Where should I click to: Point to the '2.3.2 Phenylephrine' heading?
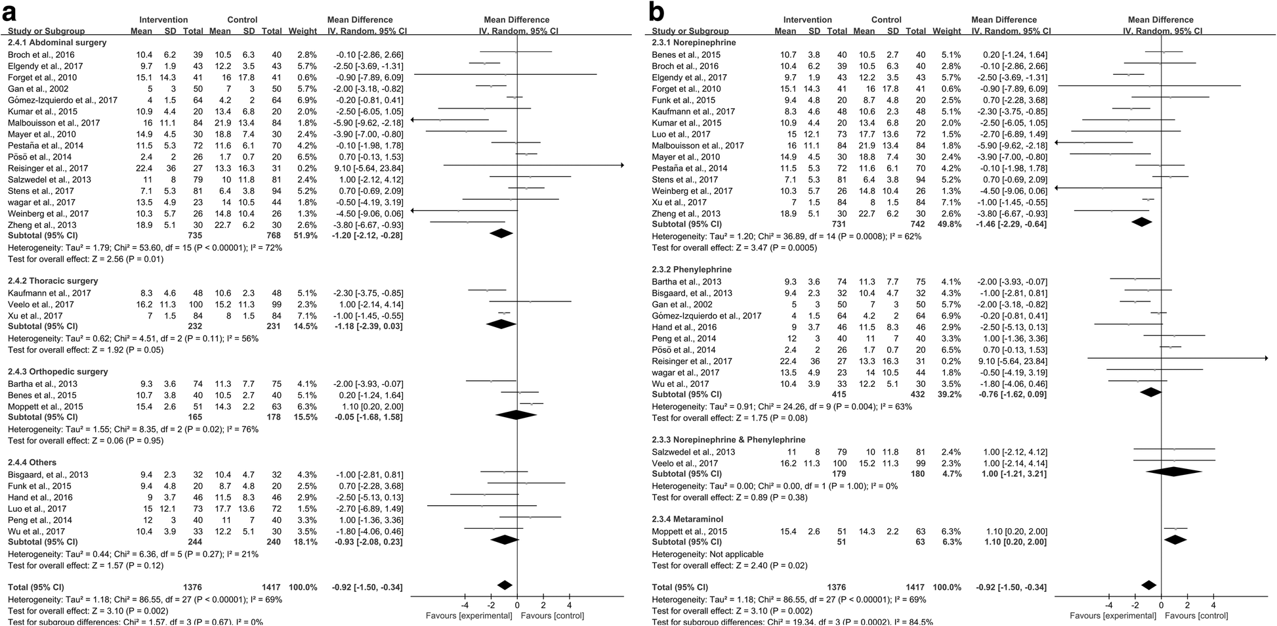click(692, 269)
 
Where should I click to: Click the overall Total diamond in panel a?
click(504, 585)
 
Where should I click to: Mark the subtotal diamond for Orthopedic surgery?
click(516, 414)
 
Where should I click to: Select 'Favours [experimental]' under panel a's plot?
click(469, 615)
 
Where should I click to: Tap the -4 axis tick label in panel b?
click(1108, 605)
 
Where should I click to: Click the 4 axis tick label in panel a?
click(569, 605)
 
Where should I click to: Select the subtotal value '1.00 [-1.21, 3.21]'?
click(1011, 474)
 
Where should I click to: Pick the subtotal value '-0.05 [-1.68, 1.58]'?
click(366, 417)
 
